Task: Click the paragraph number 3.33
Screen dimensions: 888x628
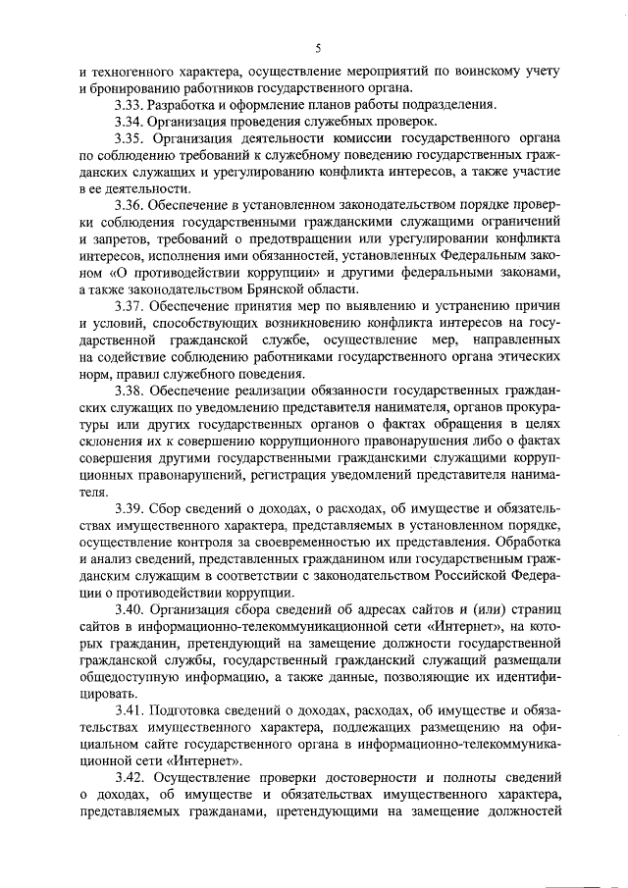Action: [x=129, y=105]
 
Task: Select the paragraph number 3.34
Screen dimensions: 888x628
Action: [x=129, y=122]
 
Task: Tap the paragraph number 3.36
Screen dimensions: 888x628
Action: [x=129, y=205]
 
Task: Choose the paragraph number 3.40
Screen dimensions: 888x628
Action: [x=129, y=610]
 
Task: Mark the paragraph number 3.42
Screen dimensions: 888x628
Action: [x=129, y=777]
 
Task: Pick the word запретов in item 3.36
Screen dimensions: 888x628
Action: [x=112, y=239]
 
